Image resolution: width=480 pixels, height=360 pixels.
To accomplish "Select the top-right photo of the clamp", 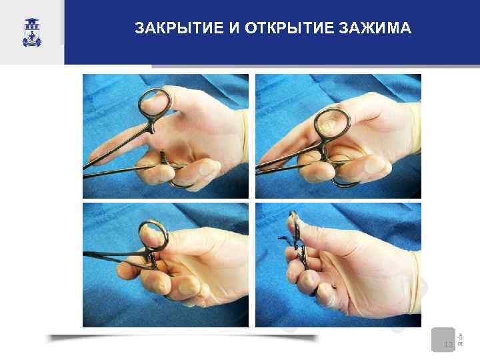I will [x=338, y=136].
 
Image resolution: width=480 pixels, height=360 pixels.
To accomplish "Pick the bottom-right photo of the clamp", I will [x=338, y=265].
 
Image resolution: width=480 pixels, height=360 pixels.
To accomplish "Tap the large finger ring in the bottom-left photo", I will [x=154, y=237].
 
